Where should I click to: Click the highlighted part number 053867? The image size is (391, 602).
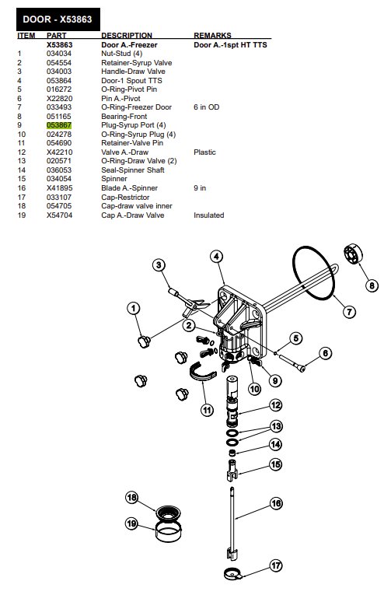[59, 125]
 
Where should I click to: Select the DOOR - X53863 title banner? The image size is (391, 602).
[58, 19]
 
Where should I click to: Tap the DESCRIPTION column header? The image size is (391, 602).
[127, 35]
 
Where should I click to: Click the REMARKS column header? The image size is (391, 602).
[212, 35]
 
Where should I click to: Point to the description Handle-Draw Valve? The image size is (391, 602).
[133, 72]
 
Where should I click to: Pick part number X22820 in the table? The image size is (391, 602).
[60, 98]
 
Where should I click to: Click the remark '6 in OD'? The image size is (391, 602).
[207, 107]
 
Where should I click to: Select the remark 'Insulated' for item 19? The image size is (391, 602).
[209, 215]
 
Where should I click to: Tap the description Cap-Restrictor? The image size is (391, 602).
[125, 198]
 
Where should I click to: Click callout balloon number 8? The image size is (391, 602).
[372, 285]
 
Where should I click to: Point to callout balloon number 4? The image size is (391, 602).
[216, 257]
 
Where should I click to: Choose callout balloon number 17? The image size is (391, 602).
[276, 565]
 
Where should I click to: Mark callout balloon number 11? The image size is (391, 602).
[208, 411]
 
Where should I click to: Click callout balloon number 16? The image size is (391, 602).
[276, 503]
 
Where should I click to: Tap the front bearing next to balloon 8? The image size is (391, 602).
[353, 254]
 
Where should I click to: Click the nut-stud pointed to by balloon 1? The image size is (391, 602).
[144, 341]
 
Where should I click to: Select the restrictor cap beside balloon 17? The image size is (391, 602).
[232, 574]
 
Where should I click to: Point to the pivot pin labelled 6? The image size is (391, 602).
[292, 362]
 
